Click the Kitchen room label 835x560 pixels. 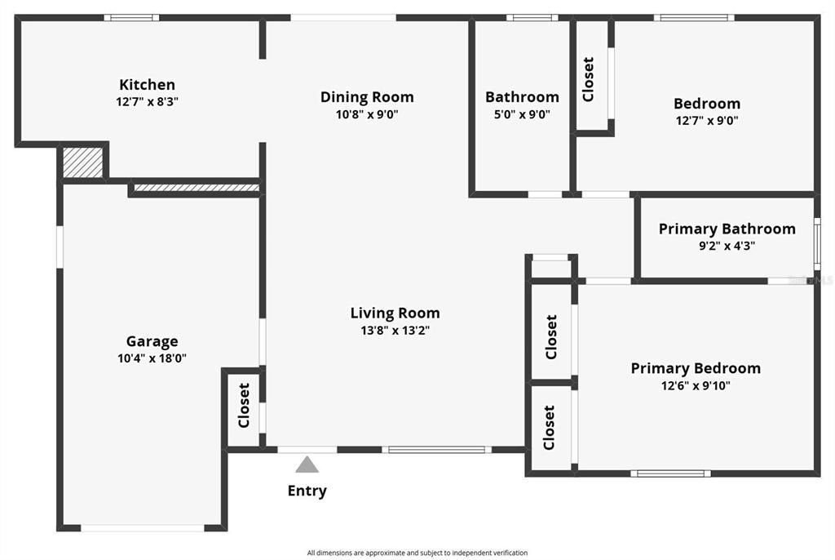147,84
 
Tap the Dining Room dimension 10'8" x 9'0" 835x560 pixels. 367,114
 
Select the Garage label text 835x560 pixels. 152,341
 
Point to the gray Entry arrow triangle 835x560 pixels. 307,464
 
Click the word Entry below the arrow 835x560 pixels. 307,491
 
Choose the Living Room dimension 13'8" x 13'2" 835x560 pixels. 395,331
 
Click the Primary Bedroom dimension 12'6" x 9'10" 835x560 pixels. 696,386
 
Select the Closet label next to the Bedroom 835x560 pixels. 588,78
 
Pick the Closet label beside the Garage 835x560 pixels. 243,405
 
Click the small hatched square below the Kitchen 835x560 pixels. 83,162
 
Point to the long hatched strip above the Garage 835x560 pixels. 196,188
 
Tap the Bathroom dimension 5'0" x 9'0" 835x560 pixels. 522,114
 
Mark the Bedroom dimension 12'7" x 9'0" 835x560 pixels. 706,121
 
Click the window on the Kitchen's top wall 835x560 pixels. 131,17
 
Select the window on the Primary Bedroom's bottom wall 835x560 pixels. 669,473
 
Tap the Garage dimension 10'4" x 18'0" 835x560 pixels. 152,358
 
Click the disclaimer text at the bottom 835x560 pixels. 417,553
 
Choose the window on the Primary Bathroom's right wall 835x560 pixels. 817,243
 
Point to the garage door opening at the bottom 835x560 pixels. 143,528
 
